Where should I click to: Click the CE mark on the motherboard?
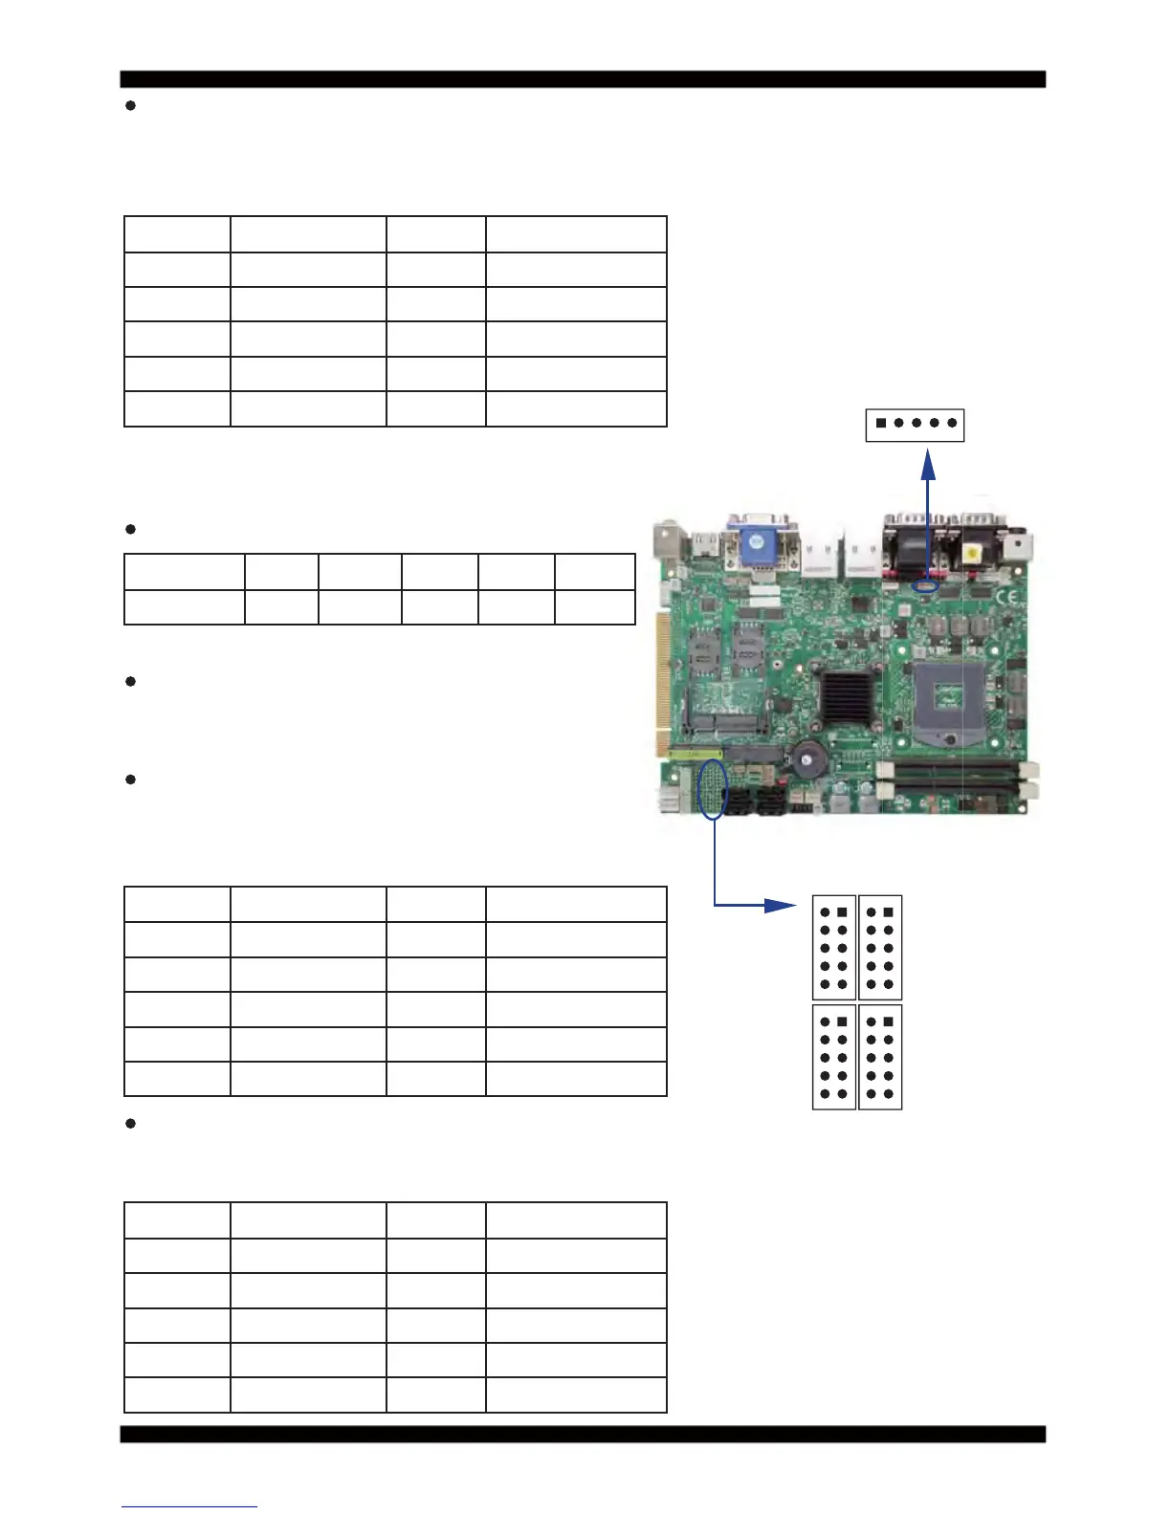click(x=1007, y=598)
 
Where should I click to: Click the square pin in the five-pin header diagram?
click(x=881, y=423)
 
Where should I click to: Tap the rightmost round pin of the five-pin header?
click(x=952, y=423)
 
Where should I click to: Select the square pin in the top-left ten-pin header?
click(x=842, y=912)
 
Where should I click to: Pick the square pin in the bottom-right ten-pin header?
click(x=888, y=1021)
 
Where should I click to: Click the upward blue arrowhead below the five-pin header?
click(x=928, y=464)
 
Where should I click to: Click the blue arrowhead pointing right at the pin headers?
click(x=780, y=905)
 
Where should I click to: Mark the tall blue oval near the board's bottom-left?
click(x=714, y=789)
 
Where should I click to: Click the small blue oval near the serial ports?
click(x=925, y=585)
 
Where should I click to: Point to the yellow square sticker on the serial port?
click(x=973, y=554)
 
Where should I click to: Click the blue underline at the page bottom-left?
click(x=188, y=1506)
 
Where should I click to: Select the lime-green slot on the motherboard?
click(x=696, y=755)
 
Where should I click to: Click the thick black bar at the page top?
click(x=583, y=79)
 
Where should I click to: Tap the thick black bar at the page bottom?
click(x=583, y=1434)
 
